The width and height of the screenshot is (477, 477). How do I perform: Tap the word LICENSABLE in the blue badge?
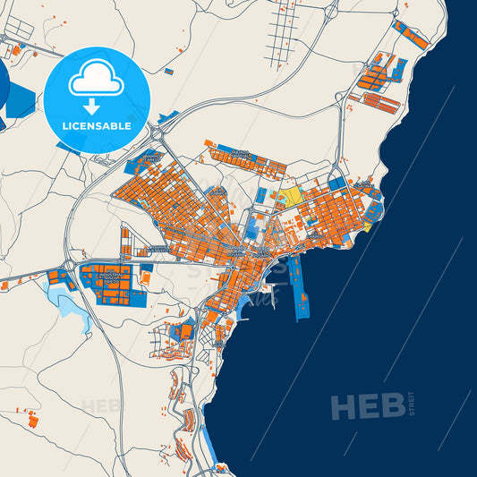click(97, 126)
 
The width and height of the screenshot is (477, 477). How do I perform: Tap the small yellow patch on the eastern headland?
click(368, 227)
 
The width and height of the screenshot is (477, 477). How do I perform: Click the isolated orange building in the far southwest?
click(33, 419)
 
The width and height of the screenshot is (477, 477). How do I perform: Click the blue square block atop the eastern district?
click(336, 183)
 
